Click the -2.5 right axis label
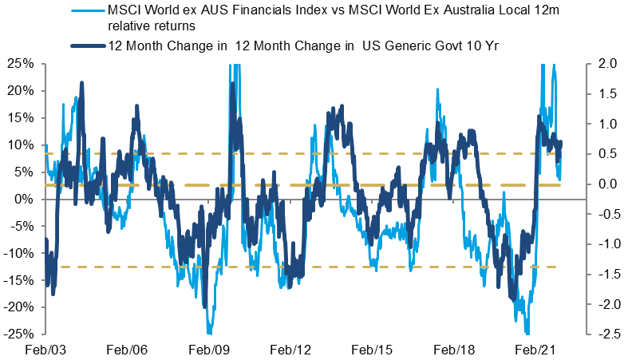point(601,334)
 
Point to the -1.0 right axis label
point(601,243)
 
